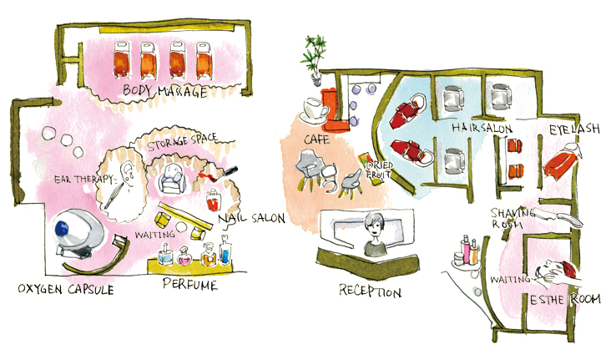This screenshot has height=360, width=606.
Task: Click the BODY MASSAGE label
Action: point(164,91)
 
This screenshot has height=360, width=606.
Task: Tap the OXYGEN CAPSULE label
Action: point(66,289)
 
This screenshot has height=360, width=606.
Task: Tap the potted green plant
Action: point(317,54)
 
